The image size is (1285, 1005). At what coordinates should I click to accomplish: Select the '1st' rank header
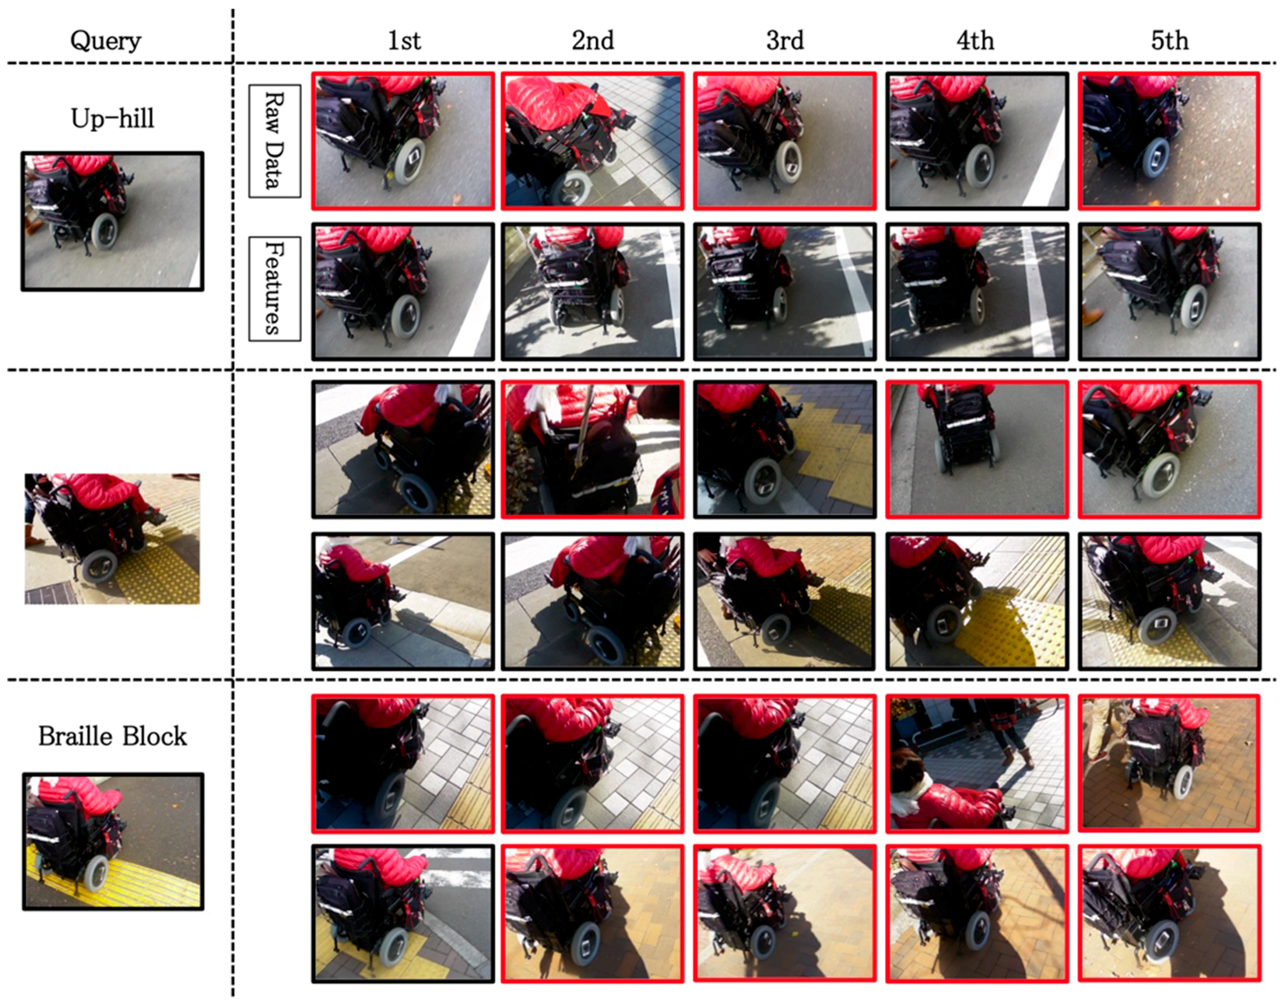404,41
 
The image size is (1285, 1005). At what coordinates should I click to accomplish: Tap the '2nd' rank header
593,41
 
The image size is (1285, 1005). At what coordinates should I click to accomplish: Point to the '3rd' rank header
785,41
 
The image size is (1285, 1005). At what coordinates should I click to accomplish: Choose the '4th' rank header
976,41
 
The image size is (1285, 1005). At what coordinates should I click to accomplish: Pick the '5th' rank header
1170,41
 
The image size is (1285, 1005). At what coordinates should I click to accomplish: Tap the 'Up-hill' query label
112,119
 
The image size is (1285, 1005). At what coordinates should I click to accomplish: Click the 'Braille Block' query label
112,736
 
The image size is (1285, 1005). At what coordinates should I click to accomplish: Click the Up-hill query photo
112,221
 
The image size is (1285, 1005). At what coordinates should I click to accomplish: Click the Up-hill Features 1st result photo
403,292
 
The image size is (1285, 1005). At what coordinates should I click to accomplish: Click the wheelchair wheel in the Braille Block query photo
96,874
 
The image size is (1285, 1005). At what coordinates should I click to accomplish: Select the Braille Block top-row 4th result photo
977,764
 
